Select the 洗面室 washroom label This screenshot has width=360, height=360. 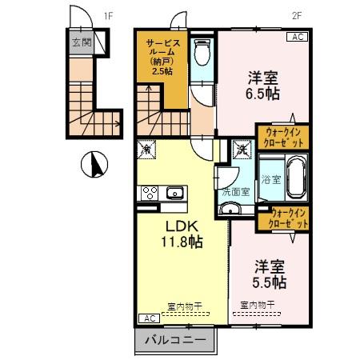[x=235, y=192]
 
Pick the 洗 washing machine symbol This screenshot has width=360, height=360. [x=240, y=148]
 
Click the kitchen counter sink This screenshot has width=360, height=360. [x=174, y=193]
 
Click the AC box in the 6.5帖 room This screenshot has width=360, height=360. [x=296, y=37]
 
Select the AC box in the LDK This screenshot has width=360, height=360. [x=149, y=318]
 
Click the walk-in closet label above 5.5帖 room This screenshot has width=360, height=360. [x=289, y=218]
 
